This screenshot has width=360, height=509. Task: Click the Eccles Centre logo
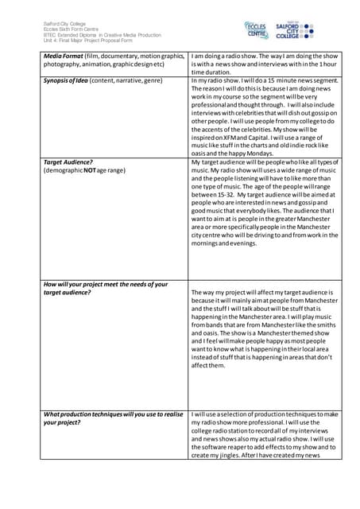(x=257, y=30)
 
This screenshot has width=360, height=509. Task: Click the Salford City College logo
(x=299, y=30)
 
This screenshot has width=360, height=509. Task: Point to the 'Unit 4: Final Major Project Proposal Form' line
(x=87, y=41)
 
